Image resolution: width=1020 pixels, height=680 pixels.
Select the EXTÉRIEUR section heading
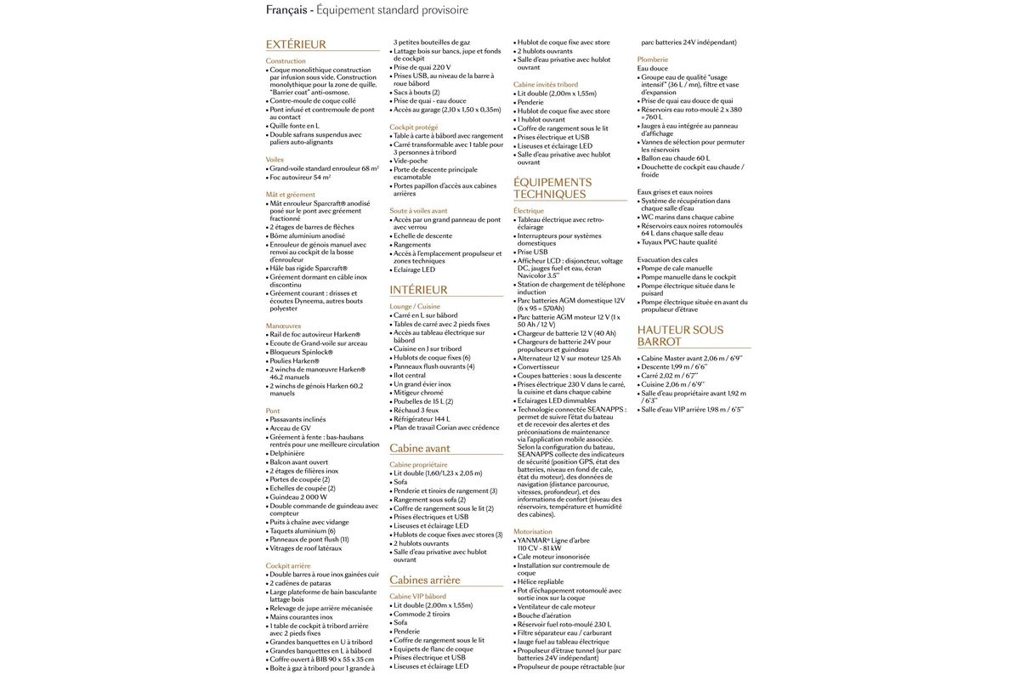[x=296, y=44]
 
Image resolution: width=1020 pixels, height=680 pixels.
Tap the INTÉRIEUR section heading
[x=418, y=290]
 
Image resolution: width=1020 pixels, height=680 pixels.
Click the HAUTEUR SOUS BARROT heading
[x=680, y=335]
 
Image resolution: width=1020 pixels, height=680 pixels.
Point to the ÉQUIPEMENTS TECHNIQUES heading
[x=552, y=188]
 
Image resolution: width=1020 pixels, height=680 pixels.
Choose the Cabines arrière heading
[x=425, y=580]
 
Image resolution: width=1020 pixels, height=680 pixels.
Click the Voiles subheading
[x=275, y=159]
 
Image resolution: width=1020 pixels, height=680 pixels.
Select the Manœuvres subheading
[x=283, y=325]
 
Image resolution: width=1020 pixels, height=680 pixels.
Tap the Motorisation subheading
[x=534, y=531]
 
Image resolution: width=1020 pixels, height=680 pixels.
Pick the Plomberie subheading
[x=653, y=59]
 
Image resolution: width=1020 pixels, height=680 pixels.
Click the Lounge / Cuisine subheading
[x=415, y=306]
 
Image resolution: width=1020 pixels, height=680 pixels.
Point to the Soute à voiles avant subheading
[x=418, y=210]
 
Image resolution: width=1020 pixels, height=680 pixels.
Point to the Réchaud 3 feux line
[x=417, y=410]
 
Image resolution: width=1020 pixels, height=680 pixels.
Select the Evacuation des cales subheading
[x=669, y=259]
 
